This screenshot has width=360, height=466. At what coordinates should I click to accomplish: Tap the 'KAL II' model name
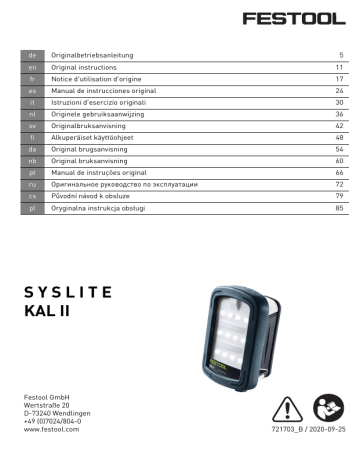49,315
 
